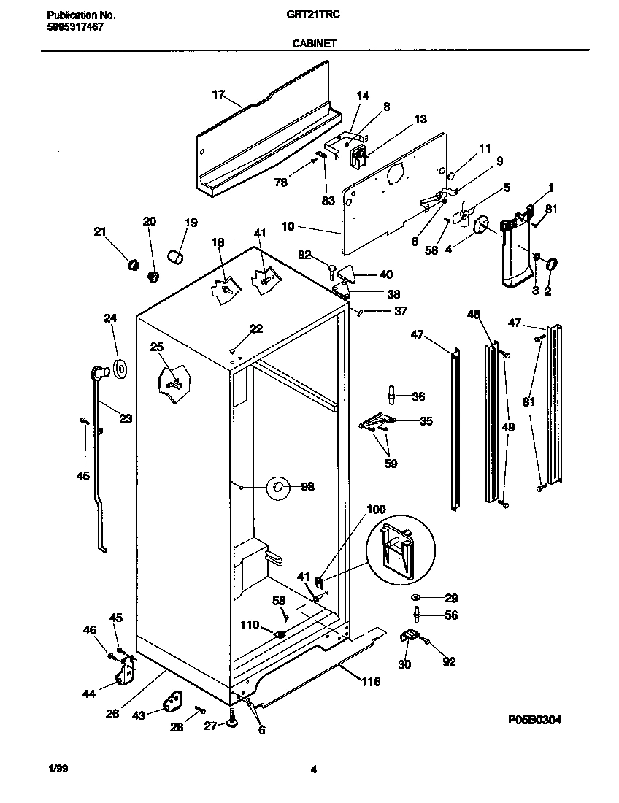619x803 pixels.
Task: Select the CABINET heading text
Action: pos(314,44)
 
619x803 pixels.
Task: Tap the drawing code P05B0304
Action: pos(534,719)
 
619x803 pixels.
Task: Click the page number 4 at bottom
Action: pos(313,769)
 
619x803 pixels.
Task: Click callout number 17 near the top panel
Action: pos(218,94)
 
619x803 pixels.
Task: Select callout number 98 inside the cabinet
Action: pos(307,487)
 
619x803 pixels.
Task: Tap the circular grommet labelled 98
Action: pos(277,488)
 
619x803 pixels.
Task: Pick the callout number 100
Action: pos(376,509)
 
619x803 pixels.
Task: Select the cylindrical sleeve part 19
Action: pos(176,256)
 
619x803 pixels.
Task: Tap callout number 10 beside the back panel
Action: pos(288,227)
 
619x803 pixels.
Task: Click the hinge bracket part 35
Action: pos(377,422)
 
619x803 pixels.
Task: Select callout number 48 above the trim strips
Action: pos(474,315)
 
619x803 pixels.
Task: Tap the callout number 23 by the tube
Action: pos(126,419)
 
